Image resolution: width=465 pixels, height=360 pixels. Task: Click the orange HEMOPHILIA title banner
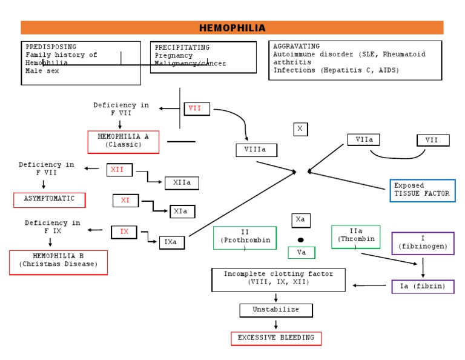point(232,28)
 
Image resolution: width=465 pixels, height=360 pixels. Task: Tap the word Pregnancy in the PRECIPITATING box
point(174,56)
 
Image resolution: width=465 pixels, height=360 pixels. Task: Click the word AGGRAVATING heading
point(296,46)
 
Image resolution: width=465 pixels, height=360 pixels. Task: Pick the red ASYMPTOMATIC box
point(50,199)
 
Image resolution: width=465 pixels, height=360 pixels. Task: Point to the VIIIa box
point(256,150)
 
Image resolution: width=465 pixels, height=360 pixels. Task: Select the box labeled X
point(300,129)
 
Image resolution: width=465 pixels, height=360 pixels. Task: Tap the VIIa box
point(363,140)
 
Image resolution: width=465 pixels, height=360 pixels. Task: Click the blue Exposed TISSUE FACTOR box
point(422,190)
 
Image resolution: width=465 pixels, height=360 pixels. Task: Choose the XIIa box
point(182,182)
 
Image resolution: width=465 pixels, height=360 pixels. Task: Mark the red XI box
point(126,200)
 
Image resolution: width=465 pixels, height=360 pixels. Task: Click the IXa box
point(171,242)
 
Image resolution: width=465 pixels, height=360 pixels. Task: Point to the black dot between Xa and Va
point(300,240)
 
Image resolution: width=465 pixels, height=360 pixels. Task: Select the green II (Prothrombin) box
point(245,238)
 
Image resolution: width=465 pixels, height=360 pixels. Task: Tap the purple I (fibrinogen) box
point(423,243)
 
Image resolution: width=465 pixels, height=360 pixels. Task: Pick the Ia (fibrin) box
point(423,286)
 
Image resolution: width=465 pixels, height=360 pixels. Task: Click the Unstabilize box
point(276,310)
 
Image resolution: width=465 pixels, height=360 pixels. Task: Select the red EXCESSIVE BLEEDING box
point(276,338)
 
